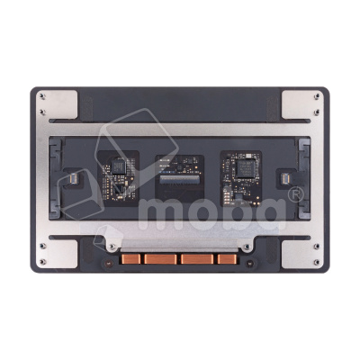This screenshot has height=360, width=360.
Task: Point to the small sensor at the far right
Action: point(287,180)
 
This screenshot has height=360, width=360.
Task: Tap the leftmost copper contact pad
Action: point(134,259)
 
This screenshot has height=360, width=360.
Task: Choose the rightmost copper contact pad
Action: point(226,259)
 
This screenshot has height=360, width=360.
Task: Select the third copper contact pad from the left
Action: point(195,259)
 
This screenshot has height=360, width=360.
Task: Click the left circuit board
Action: point(115,175)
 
